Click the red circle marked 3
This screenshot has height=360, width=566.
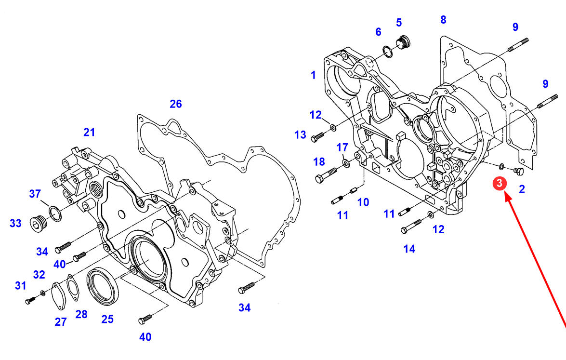pos(499,184)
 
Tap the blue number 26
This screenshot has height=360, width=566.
pos(176,104)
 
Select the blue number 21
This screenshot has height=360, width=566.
pos(89,133)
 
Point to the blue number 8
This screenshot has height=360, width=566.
pos(443,20)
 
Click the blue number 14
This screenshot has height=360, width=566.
pos(409,249)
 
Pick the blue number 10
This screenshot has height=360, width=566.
pos(363,202)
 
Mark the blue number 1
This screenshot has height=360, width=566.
pos(313,75)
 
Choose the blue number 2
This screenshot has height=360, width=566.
pos(522,189)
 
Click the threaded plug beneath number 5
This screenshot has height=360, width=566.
pos(403,42)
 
